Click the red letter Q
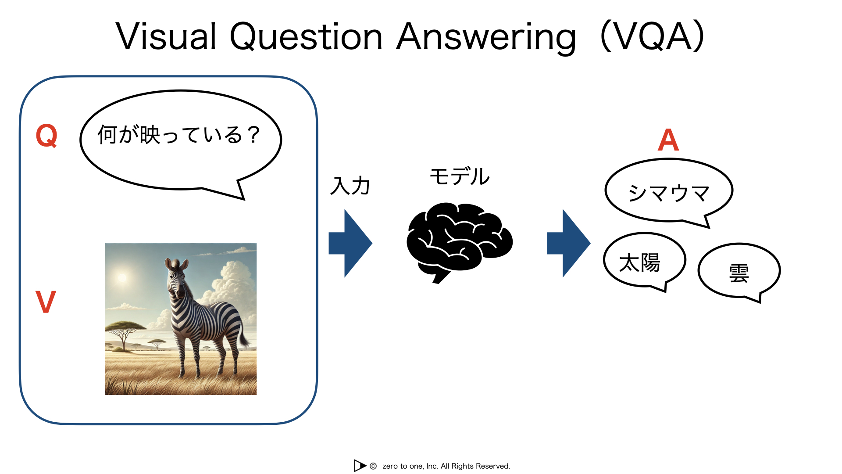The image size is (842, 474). (x=46, y=136)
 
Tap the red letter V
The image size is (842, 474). (x=46, y=302)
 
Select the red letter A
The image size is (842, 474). (x=668, y=140)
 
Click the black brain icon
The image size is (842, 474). (x=460, y=242)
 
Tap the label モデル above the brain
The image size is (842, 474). (x=460, y=176)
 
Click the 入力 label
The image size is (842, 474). (x=350, y=186)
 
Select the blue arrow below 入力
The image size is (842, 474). (x=350, y=243)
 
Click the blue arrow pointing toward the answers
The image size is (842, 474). (x=569, y=243)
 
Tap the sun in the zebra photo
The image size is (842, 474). (x=122, y=277)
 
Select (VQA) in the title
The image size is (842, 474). (x=652, y=36)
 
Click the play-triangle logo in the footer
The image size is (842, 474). (x=360, y=466)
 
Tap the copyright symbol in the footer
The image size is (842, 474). (x=373, y=466)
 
